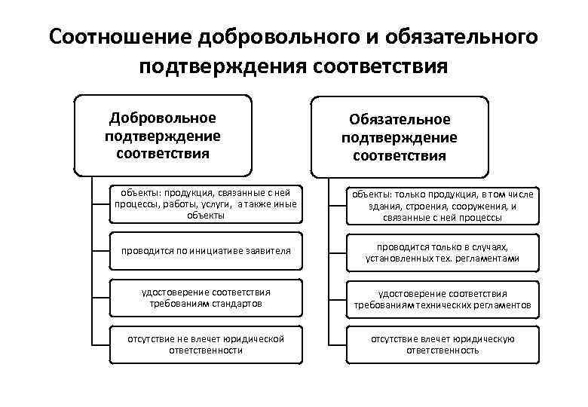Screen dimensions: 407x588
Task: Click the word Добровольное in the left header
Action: point(163,118)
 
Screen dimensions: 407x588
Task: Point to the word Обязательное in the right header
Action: point(400,120)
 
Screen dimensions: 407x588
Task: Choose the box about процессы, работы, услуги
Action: point(204,203)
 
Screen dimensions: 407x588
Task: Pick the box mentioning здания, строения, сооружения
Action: point(442,206)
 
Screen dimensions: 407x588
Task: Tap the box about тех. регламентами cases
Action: point(442,252)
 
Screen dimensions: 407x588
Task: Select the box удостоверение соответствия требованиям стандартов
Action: point(204,297)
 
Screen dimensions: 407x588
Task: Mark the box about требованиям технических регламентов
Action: point(442,299)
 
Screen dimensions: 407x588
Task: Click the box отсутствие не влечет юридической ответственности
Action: point(204,344)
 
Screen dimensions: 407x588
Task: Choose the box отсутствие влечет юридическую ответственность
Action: point(442,344)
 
